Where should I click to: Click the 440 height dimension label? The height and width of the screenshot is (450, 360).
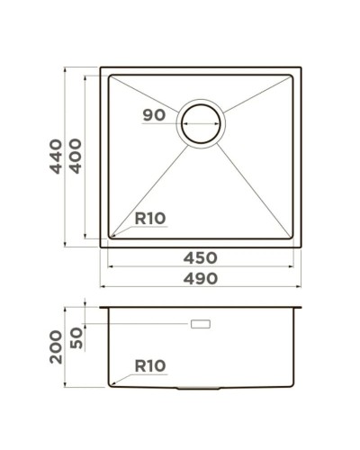[55, 157]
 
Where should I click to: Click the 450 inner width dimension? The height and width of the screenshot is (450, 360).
[199, 258]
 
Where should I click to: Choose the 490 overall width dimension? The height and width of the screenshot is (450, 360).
[199, 278]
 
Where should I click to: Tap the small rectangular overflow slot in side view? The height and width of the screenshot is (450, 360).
[200, 321]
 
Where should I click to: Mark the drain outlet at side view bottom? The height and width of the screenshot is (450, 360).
[200, 388]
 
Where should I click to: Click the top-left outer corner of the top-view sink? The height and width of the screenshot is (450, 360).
[99, 66]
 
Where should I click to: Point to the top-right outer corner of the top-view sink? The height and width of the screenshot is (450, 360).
[301, 66]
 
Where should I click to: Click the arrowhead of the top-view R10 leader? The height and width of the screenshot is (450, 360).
[112, 236]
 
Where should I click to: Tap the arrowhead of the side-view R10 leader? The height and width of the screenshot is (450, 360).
[112, 384]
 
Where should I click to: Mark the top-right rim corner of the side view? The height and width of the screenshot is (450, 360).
[301, 306]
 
